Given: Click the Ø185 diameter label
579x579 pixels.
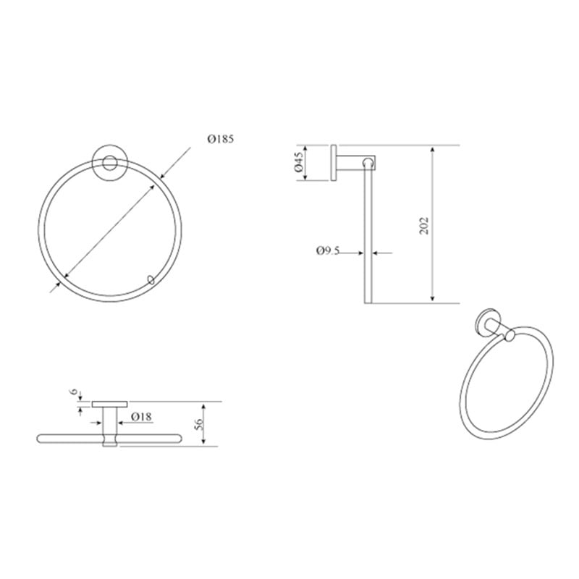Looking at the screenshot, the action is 221,139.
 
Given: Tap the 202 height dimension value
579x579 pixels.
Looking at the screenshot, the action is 424,225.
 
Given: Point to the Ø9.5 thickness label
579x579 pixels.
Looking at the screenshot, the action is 328,251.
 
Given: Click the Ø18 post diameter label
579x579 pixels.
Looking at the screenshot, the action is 141,417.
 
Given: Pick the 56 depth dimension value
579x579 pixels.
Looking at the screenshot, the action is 198,424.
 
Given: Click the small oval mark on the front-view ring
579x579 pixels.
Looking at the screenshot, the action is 151,279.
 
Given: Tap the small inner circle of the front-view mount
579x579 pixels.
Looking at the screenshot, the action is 109,163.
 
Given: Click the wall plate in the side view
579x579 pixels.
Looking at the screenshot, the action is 334,163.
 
